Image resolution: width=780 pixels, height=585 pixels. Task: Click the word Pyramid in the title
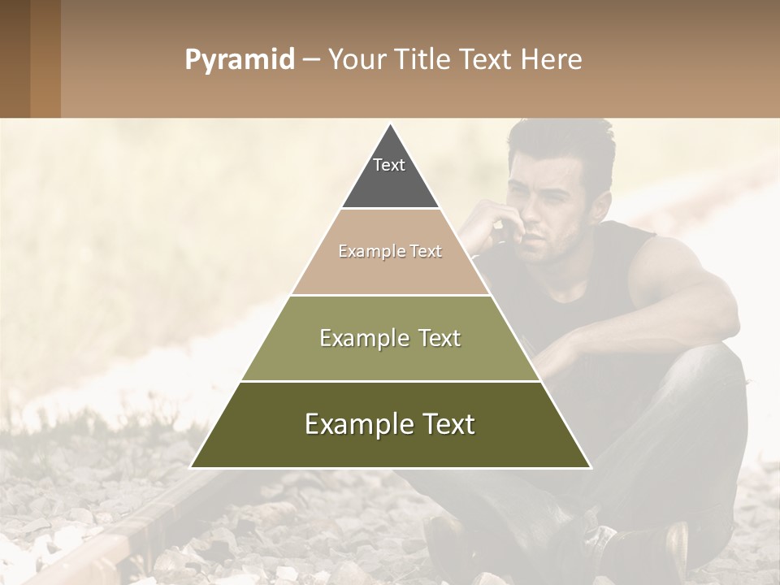(x=239, y=60)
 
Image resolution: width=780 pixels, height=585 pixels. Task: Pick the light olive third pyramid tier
(x=390, y=357)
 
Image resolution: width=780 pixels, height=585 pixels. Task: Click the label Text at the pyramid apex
(x=389, y=165)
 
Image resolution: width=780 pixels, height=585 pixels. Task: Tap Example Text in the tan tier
(x=390, y=251)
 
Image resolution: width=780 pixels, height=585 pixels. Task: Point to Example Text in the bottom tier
(x=390, y=424)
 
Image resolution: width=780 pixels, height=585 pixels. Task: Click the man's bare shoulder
(x=674, y=260)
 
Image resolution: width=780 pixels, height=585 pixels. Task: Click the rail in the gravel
(x=122, y=536)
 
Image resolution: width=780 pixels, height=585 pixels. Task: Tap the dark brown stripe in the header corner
(x=15, y=58)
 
